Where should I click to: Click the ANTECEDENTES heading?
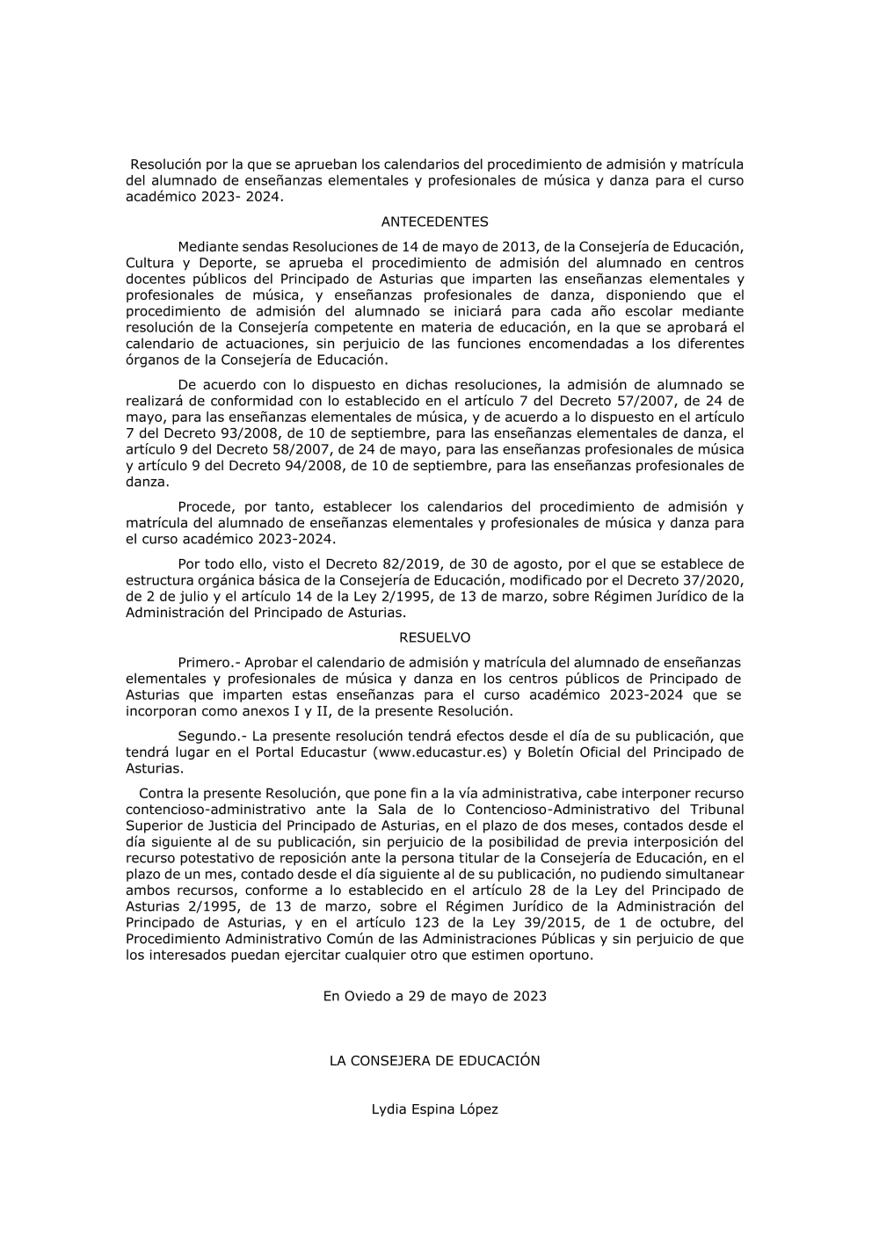434,222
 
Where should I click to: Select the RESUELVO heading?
434,637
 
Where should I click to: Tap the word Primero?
203,662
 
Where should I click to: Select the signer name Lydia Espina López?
434,1109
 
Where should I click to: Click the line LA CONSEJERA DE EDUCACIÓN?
434,1061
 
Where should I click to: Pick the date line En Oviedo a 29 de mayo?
434,996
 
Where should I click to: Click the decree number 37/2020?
712,580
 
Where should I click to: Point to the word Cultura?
149,263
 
